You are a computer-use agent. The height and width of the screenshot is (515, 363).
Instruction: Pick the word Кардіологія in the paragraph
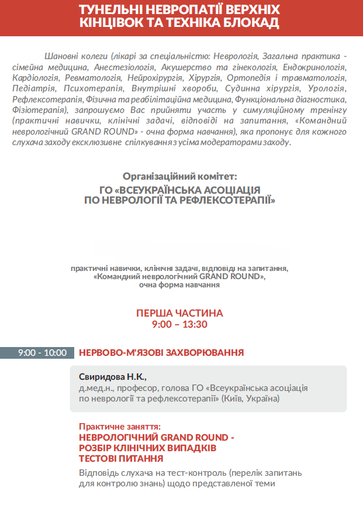tap(34, 77)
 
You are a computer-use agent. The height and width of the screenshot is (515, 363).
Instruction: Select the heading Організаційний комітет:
tap(181, 176)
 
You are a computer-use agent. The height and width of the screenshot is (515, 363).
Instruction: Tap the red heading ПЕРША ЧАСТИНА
tap(179, 313)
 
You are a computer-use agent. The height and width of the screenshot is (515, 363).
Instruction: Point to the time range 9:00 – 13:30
tap(179, 324)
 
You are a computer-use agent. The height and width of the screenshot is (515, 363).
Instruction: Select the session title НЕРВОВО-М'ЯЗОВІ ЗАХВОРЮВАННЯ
tap(161, 353)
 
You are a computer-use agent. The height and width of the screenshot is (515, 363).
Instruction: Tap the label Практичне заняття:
tap(119, 427)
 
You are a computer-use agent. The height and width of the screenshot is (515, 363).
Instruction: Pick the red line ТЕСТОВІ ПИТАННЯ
tap(121, 458)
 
